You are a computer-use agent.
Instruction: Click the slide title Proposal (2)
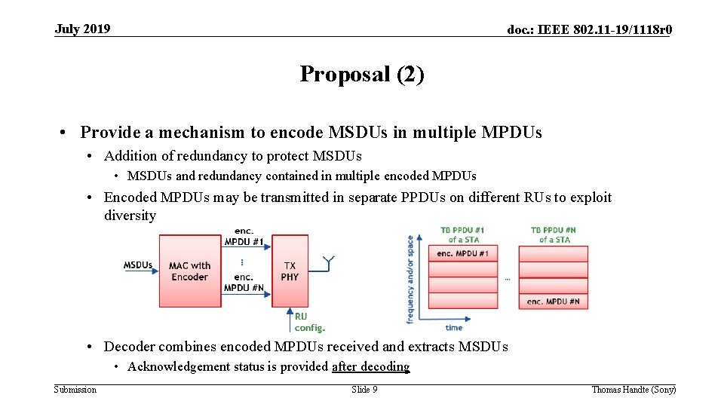pos(362,74)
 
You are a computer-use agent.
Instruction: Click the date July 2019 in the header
pos(82,29)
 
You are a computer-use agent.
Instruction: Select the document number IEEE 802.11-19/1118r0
pos(590,30)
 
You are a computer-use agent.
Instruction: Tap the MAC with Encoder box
pos(189,271)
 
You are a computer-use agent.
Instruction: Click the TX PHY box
pos(290,271)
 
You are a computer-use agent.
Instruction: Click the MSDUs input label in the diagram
pos(138,265)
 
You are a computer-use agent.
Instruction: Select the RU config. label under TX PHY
pos(309,322)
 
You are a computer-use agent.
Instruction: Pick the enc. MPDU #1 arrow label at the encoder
pos(244,237)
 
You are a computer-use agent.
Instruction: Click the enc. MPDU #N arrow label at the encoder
pos(244,282)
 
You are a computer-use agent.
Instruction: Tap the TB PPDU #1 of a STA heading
pos(462,234)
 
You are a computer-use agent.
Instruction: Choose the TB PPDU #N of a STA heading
pos(554,234)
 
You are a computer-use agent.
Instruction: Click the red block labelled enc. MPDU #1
pos(462,253)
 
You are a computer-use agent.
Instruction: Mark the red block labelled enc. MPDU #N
pos(554,301)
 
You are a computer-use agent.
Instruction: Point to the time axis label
pos(454,328)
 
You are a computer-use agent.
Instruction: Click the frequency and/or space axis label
pos(410,280)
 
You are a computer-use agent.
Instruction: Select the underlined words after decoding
pos(370,367)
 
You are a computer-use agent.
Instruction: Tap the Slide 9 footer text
pos(364,390)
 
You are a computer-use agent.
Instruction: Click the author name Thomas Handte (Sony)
pos(633,390)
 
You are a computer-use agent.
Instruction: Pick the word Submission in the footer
pos(75,390)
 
